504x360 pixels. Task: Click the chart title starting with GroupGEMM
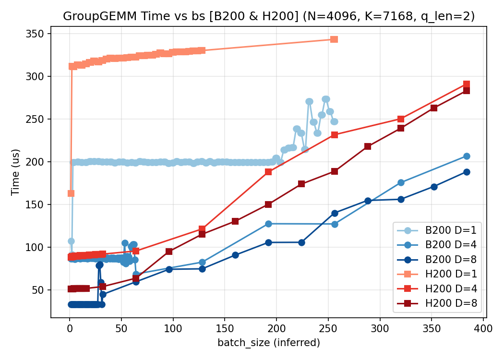(x=269, y=16)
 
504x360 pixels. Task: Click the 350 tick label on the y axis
(x=37, y=34)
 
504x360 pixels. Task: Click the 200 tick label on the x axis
(x=276, y=329)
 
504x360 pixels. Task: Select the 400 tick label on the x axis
(x=483, y=329)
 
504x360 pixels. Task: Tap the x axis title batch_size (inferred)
(x=269, y=343)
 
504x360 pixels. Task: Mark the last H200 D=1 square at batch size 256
(x=334, y=39)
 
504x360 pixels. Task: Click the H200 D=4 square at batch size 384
(x=467, y=84)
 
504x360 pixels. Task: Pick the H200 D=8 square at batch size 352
(x=434, y=108)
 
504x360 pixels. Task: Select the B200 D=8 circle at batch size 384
(x=467, y=172)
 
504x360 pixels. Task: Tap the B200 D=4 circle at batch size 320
(x=401, y=182)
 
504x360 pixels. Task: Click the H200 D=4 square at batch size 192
(x=268, y=172)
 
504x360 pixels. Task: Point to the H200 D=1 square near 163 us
(x=71, y=193)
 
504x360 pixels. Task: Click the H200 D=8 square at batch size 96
(x=169, y=252)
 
